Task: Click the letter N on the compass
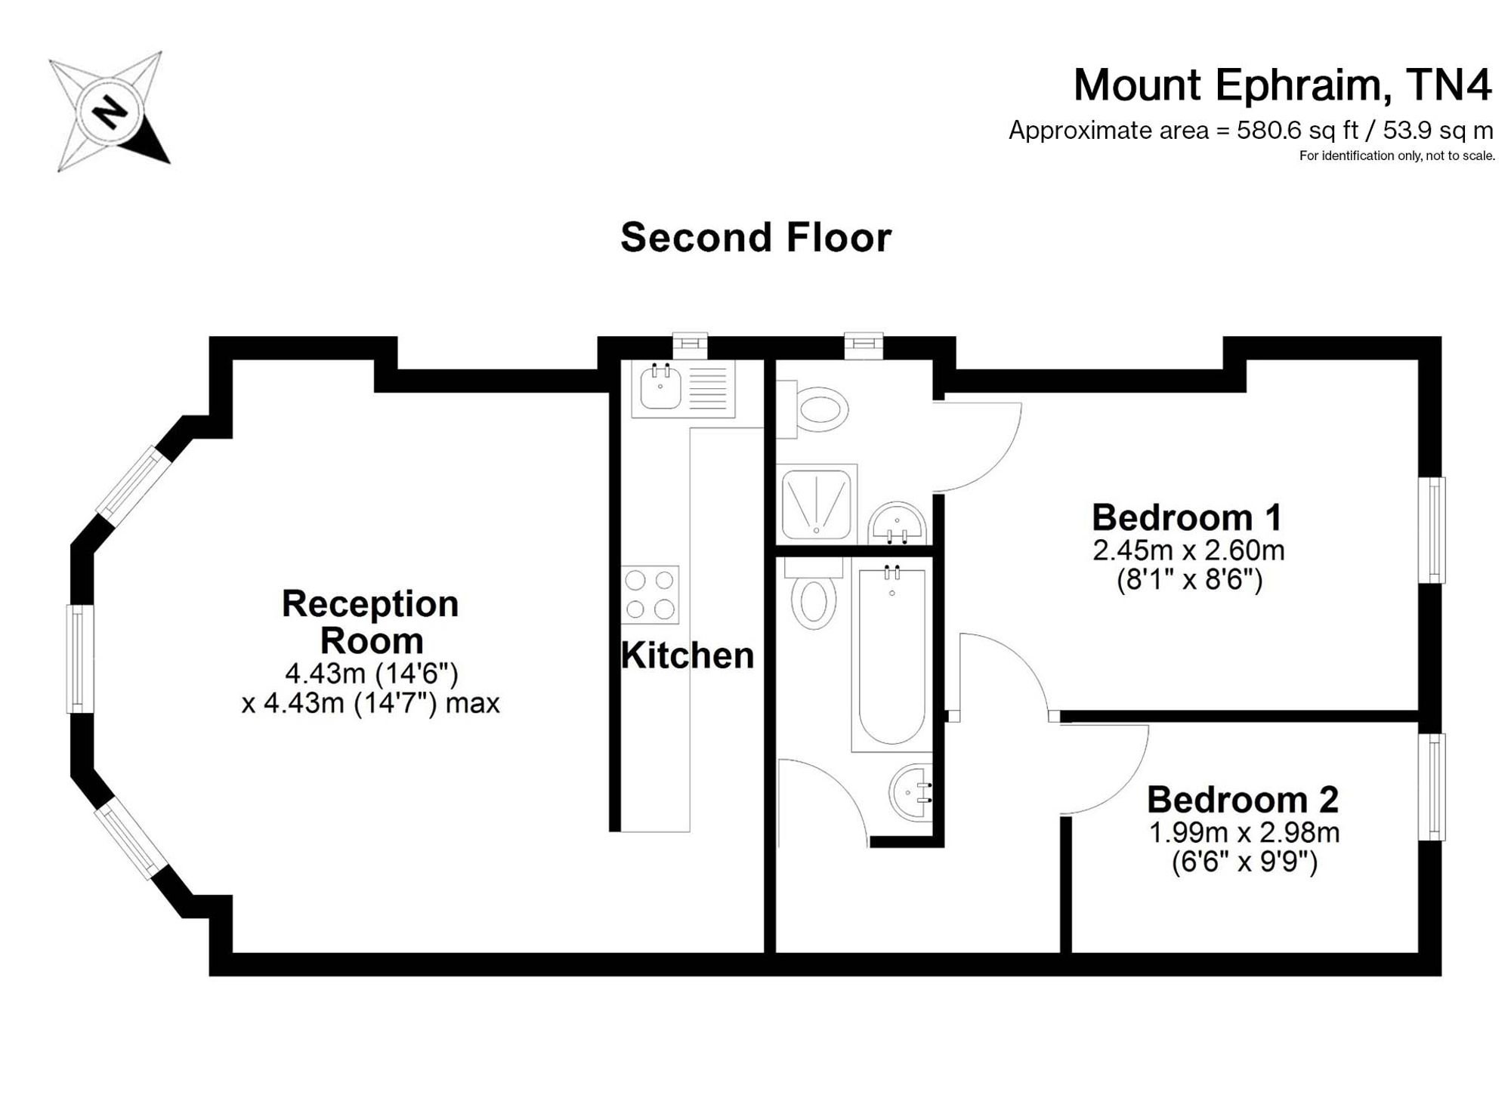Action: [x=110, y=113]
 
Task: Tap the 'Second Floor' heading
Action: [x=755, y=238]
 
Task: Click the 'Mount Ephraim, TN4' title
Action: [x=1282, y=85]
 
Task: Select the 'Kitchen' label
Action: [x=688, y=655]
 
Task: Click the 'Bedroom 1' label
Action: [x=1188, y=517]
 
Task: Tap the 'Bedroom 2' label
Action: [x=1243, y=799]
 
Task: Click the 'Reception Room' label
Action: [x=370, y=621]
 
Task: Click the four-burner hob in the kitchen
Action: [x=650, y=594]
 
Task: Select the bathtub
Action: [x=891, y=655]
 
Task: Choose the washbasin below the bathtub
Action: [x=911, y=792]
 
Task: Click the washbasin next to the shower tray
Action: [x=897, y=523]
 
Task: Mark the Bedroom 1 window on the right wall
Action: [x=1432, y=530]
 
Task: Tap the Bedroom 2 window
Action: [x=1432, y=787]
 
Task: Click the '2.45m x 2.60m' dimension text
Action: [x=1188, y=551]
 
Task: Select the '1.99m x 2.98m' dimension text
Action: [x=1244, y=833]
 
